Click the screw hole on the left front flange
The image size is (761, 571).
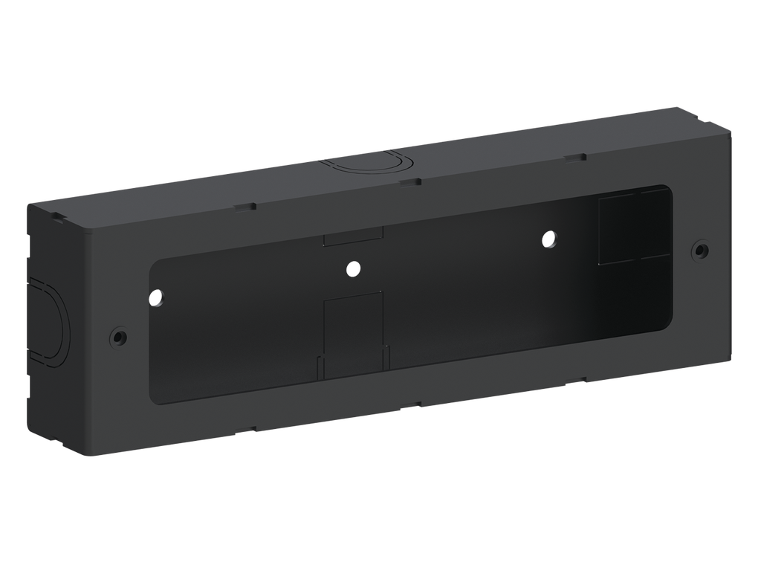117,336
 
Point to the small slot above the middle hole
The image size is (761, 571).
354,239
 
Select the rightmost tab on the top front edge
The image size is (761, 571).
573,158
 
